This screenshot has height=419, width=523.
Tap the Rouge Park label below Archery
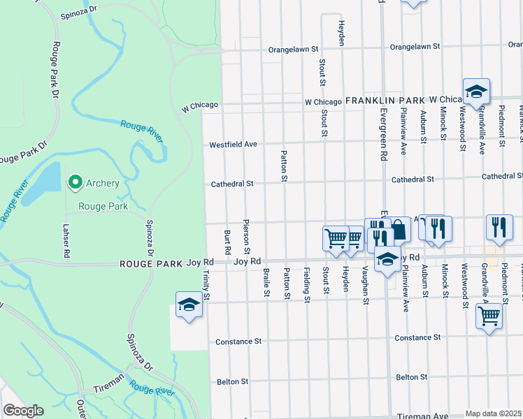(103, 206)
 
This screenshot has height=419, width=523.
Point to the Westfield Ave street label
(234, 145)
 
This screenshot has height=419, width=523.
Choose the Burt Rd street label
(227, 241)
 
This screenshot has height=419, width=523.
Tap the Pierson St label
(246, 237)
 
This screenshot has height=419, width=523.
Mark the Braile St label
(266, 282)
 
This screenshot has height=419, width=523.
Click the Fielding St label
(306, 285)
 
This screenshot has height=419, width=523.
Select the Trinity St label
(206, 286)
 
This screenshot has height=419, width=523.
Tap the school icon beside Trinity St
(188, 304)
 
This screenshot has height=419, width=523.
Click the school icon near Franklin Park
(476, 91)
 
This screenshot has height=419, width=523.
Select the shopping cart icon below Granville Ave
(489, 316)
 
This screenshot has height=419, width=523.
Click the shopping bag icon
(398, 229)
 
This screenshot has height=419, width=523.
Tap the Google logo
(23, 411)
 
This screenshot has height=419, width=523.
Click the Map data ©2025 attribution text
(494, 413)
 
